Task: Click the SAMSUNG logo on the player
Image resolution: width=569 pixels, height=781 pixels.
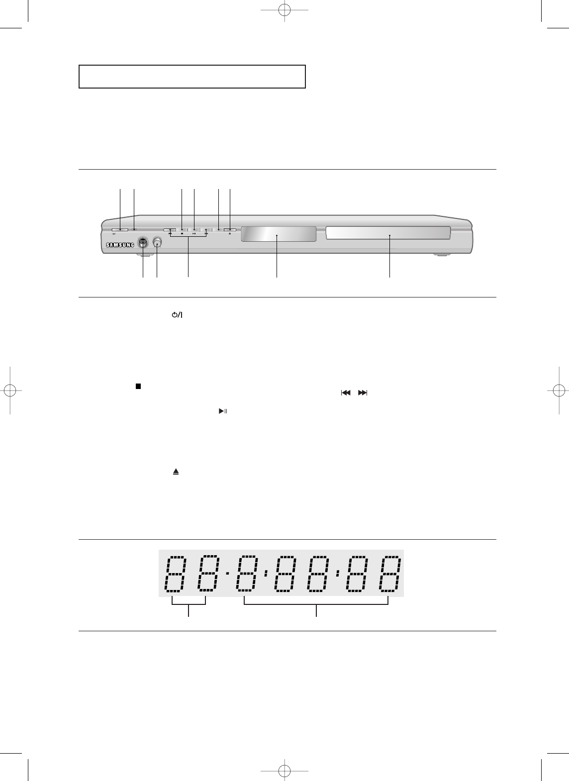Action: (120, 245)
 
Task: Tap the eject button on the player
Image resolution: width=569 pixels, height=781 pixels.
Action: (230, 230)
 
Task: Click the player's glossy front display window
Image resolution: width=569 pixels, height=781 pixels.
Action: (279, 234)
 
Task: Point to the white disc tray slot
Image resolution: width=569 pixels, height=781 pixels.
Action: (388, 233)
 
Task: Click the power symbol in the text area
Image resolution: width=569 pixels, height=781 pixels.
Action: (177, 315)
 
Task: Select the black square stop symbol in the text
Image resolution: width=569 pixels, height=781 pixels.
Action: (138, 387)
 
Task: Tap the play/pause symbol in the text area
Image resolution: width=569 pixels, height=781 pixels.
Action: (223, 411)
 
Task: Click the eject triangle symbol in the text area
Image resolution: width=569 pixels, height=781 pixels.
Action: (176, 472)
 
